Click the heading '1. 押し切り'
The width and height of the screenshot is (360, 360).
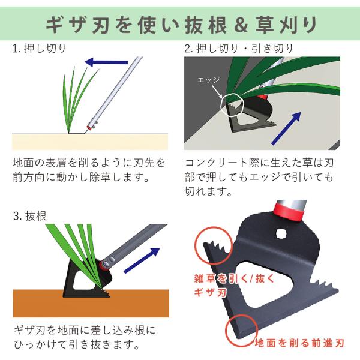tap(39, 49)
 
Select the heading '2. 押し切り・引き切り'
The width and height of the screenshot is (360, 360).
tap(239, 49)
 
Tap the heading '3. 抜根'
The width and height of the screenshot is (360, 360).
tap(30, 216)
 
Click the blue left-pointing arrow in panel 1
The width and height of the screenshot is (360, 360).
tap(106, 62)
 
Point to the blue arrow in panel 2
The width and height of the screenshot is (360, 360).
tap(286, 128)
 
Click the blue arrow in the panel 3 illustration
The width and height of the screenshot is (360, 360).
tap(142, 260)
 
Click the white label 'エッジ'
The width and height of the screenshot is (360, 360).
tap(208, 80)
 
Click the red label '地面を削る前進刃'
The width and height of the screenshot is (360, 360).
tap(299, 343)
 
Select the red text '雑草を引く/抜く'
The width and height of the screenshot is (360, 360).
tap(234, 278)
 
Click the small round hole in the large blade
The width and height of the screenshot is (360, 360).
tap(281, 234)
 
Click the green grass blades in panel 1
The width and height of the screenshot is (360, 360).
tap(78, 100)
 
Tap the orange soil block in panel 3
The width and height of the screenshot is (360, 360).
tap(91, 303)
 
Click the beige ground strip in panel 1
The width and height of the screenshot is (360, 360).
tap(90, 142)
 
